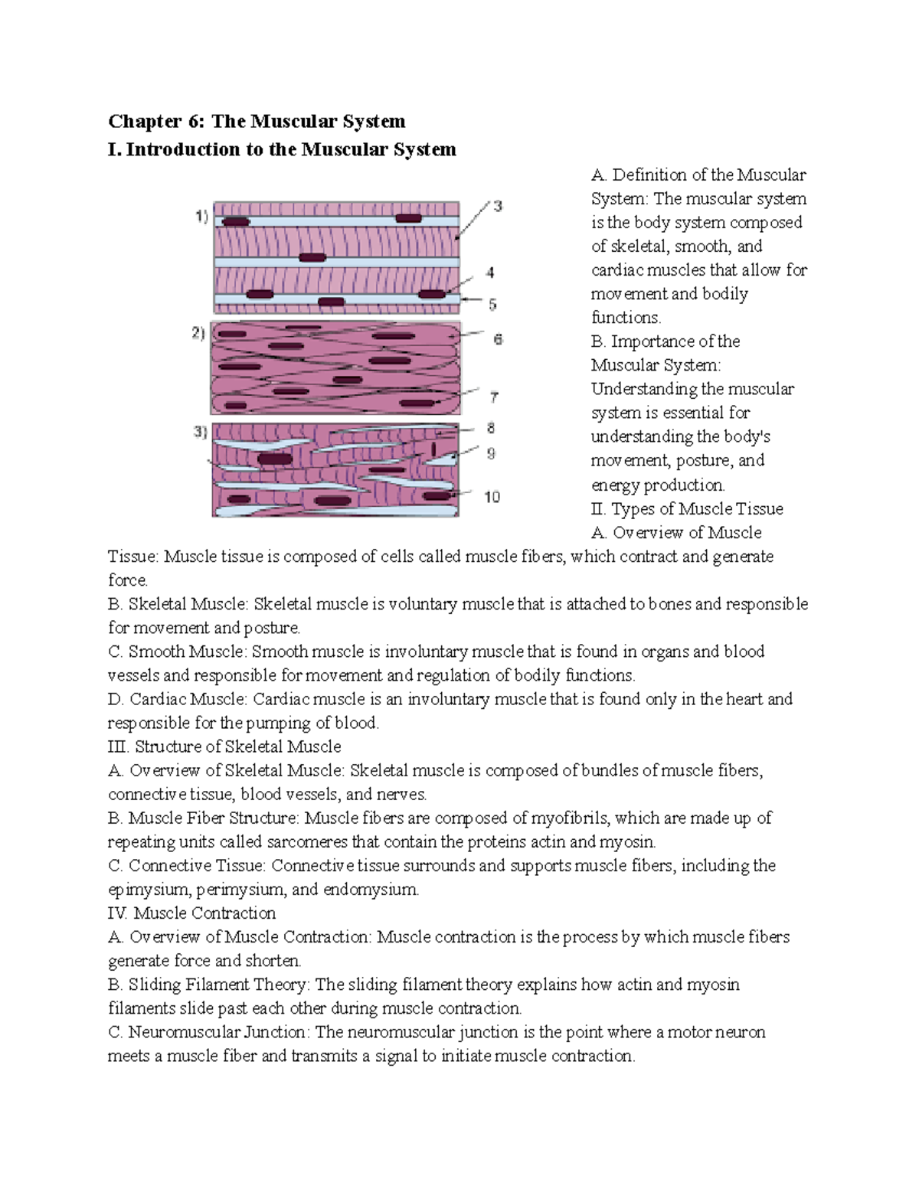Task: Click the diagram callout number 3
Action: (498, 206)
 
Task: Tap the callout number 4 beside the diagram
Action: (490, 273)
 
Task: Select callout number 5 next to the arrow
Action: (492, 305)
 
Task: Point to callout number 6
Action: (498, 339)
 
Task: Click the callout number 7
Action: (495, 397)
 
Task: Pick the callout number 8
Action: (491, 430)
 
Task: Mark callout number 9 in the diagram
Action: (491, 453)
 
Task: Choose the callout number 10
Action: (492, 497)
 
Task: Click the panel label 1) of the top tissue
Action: (201, 217)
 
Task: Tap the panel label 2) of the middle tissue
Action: (198, 334)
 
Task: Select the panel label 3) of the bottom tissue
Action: (199, 433)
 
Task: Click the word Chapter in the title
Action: (137, 121)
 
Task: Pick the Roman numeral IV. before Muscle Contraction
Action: (118, 913)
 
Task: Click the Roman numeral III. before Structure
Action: (119, 746)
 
